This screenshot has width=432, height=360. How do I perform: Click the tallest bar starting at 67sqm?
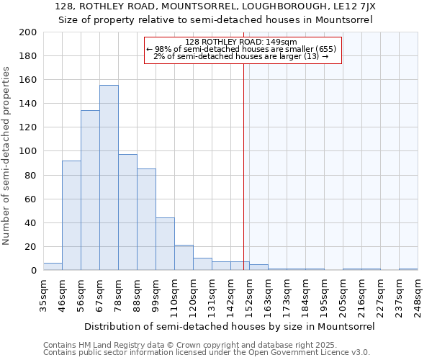(109, 178)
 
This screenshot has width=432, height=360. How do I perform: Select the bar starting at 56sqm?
(90, 191)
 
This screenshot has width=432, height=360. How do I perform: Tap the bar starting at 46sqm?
(71, 215)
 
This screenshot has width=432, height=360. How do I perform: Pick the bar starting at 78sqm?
(127, 212)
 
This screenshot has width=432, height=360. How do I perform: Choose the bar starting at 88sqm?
(146, 220)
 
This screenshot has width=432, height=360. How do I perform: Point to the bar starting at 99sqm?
(165, 244)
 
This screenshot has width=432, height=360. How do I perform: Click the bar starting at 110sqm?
(184, 258)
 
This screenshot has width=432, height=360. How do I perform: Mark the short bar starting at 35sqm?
(53, 266)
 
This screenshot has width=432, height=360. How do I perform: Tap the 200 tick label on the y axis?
(28, 32)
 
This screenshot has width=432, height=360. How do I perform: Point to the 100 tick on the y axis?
(28, 151)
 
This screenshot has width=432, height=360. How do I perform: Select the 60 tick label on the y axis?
(31, 199)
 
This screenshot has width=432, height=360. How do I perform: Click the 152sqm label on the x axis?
(249, 296)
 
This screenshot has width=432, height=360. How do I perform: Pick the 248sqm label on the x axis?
(418, 296)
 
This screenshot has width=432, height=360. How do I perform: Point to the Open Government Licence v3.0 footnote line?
(207, 353)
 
